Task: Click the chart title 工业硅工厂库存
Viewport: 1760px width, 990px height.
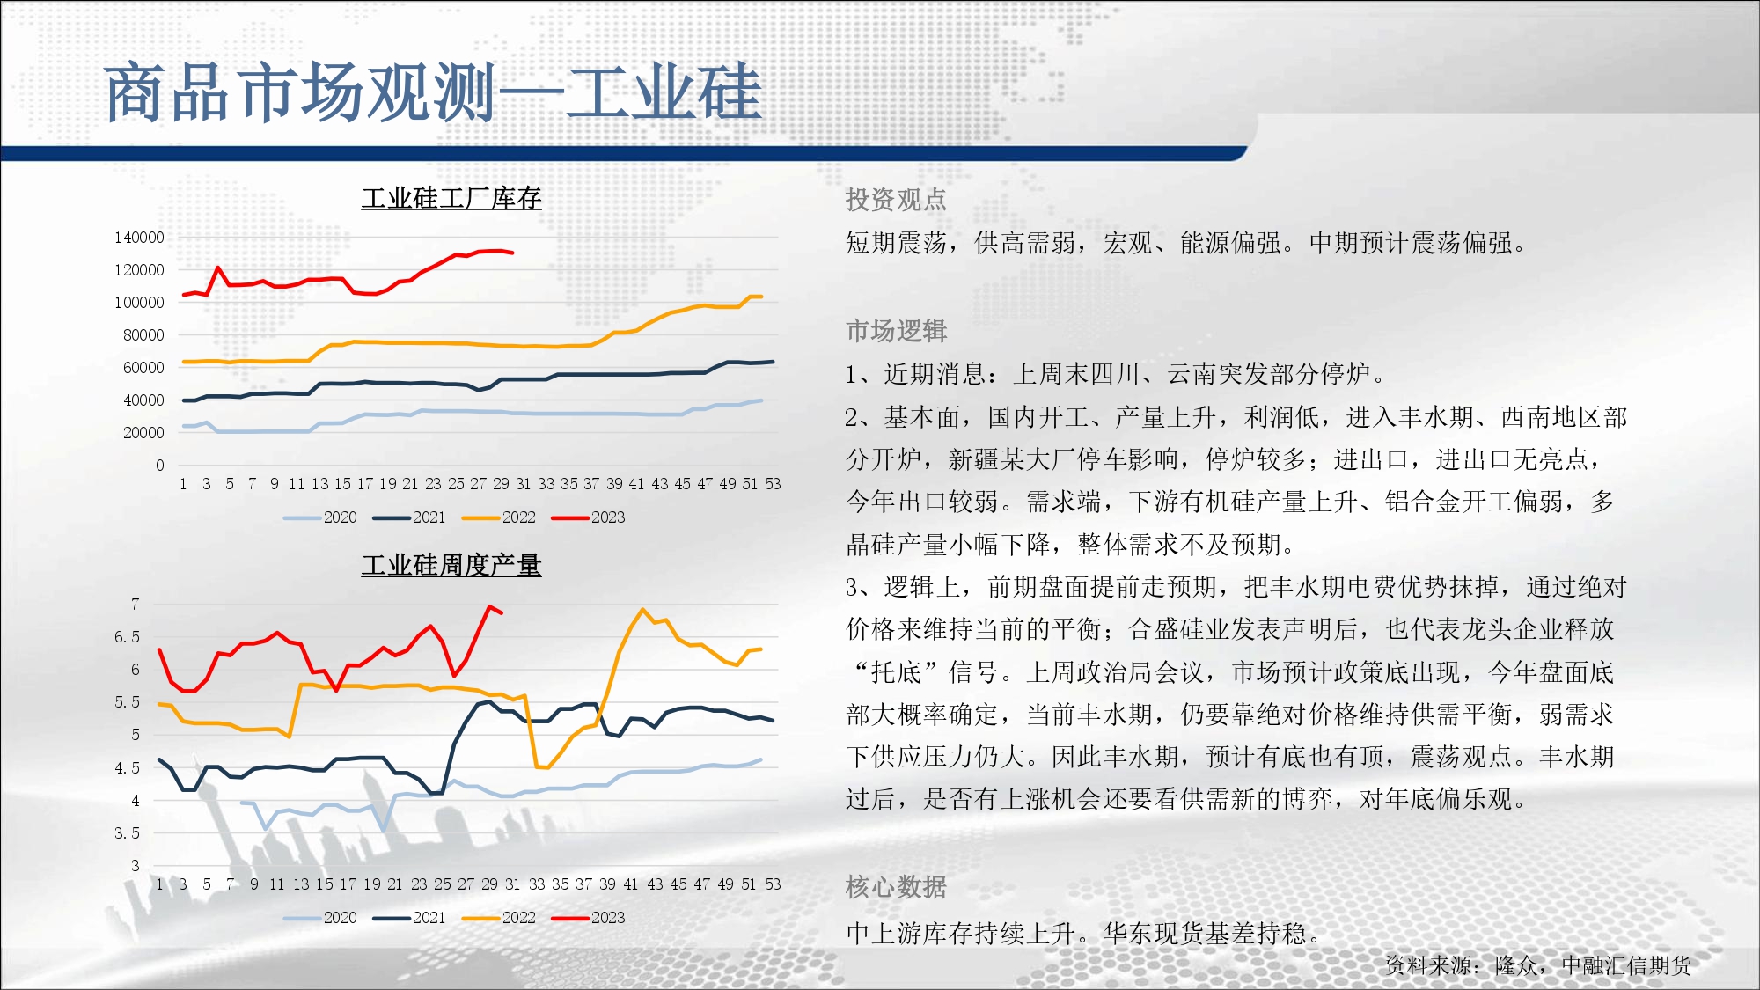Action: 451,198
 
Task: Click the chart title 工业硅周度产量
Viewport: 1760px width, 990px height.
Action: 451,565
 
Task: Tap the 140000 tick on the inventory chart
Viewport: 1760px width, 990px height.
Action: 139,238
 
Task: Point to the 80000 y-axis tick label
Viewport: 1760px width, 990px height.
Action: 143,335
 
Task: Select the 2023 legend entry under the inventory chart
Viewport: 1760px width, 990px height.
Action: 588,517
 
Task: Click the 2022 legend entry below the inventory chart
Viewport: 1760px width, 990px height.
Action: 499,517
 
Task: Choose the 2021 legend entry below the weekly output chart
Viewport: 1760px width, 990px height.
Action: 409,918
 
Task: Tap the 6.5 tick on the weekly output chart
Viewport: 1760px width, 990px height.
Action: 127,637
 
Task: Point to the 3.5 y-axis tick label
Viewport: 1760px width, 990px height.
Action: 127,833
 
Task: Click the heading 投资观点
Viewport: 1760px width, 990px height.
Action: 896,200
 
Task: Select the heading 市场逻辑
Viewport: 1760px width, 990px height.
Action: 896,331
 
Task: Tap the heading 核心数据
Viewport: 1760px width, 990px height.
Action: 896,887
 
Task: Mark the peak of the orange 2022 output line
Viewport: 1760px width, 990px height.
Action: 642,609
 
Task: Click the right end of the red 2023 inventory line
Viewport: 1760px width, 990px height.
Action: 513,253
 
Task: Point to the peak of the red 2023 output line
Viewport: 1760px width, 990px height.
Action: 490,606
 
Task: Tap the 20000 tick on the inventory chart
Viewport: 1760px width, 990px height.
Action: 143,433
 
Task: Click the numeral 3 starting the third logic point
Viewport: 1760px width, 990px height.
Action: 853,587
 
